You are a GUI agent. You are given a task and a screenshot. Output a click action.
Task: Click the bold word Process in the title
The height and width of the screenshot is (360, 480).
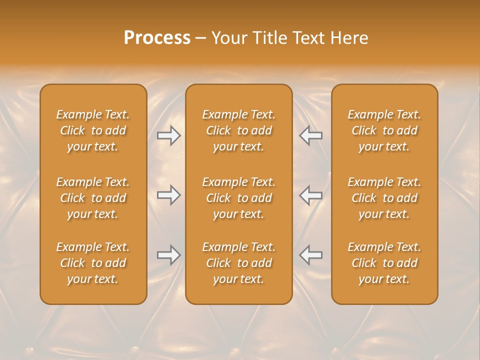157,38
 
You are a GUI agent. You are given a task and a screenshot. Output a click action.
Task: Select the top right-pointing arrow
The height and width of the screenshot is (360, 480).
168,135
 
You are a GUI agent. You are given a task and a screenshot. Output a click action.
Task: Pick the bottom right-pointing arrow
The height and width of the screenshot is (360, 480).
168,255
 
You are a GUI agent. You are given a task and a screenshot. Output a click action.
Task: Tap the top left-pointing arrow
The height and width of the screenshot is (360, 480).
311,135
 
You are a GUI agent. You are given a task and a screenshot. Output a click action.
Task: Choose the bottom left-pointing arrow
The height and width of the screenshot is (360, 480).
311,255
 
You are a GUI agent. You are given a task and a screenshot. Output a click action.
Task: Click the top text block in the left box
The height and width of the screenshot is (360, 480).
93,130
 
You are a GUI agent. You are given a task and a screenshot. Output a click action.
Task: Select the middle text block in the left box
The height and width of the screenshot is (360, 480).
93,198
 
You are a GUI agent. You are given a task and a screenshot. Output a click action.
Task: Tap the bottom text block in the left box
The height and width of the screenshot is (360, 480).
93,263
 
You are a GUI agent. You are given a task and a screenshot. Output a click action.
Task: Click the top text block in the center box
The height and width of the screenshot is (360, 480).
239,130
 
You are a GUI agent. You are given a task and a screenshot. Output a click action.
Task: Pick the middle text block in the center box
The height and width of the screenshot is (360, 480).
239,198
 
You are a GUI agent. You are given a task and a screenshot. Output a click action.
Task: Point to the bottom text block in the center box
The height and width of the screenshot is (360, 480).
239,263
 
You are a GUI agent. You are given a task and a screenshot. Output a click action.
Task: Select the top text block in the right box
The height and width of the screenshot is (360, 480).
384,130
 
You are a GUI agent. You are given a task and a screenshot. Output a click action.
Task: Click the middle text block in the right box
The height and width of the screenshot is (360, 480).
384,198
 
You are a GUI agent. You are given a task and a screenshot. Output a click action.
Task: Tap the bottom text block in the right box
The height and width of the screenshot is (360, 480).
384,263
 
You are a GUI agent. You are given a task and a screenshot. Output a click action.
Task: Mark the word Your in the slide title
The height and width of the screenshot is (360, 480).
228,38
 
